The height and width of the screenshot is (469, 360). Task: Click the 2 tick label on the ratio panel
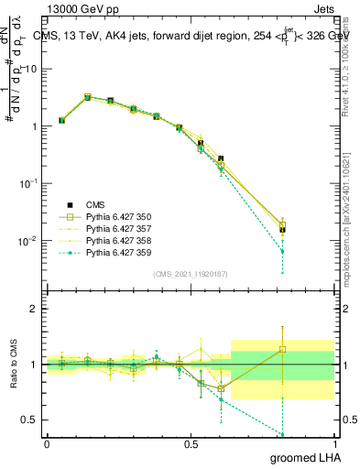click(33, 309)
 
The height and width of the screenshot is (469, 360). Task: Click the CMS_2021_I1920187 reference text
click(190, 274)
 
